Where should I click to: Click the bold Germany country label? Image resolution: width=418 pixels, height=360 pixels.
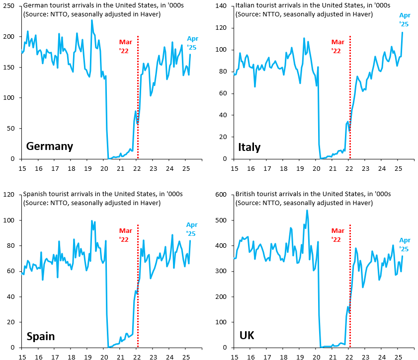pyautogui.click(x=49, y=146)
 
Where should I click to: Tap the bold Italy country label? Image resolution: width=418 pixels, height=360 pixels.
pyautogui.click(x=249, y=147)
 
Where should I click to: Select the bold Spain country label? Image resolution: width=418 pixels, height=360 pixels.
pyautogui.click(x=40, y=336)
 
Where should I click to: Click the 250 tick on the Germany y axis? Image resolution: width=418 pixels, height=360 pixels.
pyautogui.click(x=11, y=6)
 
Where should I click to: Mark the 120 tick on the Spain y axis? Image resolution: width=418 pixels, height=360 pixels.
pyautogui.click(x=11, y=195)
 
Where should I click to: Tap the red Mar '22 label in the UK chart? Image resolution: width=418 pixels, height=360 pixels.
pyautogui.click(x=337, y=235)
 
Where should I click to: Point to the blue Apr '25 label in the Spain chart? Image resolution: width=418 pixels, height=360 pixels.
pyautogui.click(x=192, y=229)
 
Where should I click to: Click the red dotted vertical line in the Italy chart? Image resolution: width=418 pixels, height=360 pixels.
pyautogui.click(x=350, y=99)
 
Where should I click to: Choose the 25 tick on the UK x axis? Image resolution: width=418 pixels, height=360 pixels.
pyautogui.click(x=398, y=357)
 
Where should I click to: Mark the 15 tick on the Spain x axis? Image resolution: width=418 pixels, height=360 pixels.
pyautogui.click(x=22, y=357)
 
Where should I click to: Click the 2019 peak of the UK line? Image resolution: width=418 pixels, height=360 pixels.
pyautogui.click(x=307, y=211)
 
